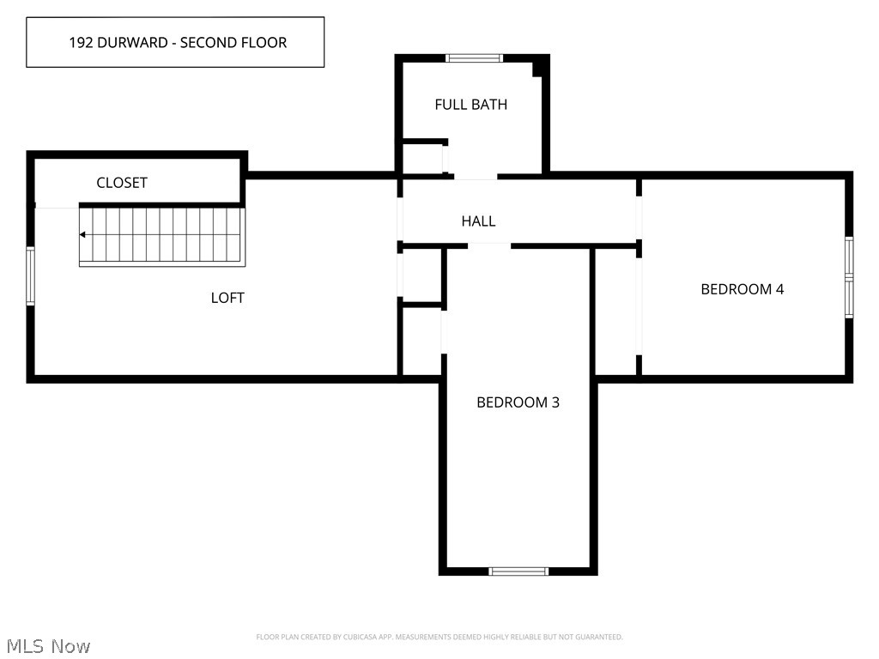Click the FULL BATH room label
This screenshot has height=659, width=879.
[x=470, y=105]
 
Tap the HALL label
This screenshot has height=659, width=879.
[x=478, y=221]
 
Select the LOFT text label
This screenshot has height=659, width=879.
[x=227, y=298]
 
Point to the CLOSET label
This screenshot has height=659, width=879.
[x=122, y=183]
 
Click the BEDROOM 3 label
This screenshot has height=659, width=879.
[x=518, y=402]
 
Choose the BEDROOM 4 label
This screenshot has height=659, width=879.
[x=742, y=289]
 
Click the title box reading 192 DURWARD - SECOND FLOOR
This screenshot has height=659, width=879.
[x=175, y=42]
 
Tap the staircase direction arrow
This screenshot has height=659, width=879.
[x=83, y=234]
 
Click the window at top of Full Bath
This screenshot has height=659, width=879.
[x=473, y=58]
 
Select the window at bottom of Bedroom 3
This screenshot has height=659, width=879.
[x=518, y=571]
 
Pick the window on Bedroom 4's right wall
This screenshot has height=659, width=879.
[x=849, y=277]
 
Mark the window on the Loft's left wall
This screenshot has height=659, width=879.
[x=31, y=275]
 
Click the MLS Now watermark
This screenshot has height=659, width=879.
[x=48, y=645]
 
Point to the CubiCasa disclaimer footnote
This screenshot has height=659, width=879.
[x=439, y=637]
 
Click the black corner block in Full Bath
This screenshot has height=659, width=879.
[x=539, y=67]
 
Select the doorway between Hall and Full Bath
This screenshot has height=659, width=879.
[x=475, y=177]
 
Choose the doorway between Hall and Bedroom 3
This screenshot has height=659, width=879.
[x=489, y=245]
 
